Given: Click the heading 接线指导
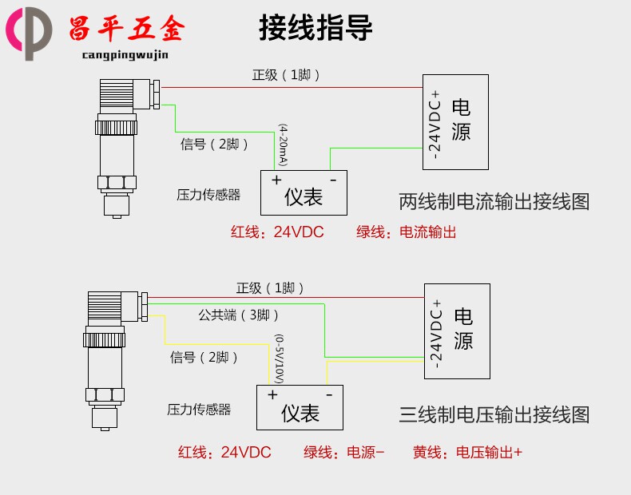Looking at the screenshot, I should coord(315,29).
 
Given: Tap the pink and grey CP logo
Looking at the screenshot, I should coord(29,32).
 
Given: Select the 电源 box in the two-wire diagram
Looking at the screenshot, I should coord(455,121).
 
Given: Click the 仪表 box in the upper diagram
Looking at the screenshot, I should coord(304,192).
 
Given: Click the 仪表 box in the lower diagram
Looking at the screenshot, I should coord(300,408).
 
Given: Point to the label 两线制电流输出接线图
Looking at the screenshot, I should coord(494,202).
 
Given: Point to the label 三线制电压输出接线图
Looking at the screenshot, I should coord(494,414).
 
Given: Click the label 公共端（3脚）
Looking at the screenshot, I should coord(234,315).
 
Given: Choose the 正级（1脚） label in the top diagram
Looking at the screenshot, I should coord(287,75).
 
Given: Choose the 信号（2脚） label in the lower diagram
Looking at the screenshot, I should coord(204,358).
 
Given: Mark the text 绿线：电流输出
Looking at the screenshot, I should coord(406,232).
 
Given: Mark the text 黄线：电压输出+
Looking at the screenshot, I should coord(467,453).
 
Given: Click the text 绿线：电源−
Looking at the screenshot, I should coord(344,453).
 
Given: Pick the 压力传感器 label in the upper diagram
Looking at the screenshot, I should coord(208,194).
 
